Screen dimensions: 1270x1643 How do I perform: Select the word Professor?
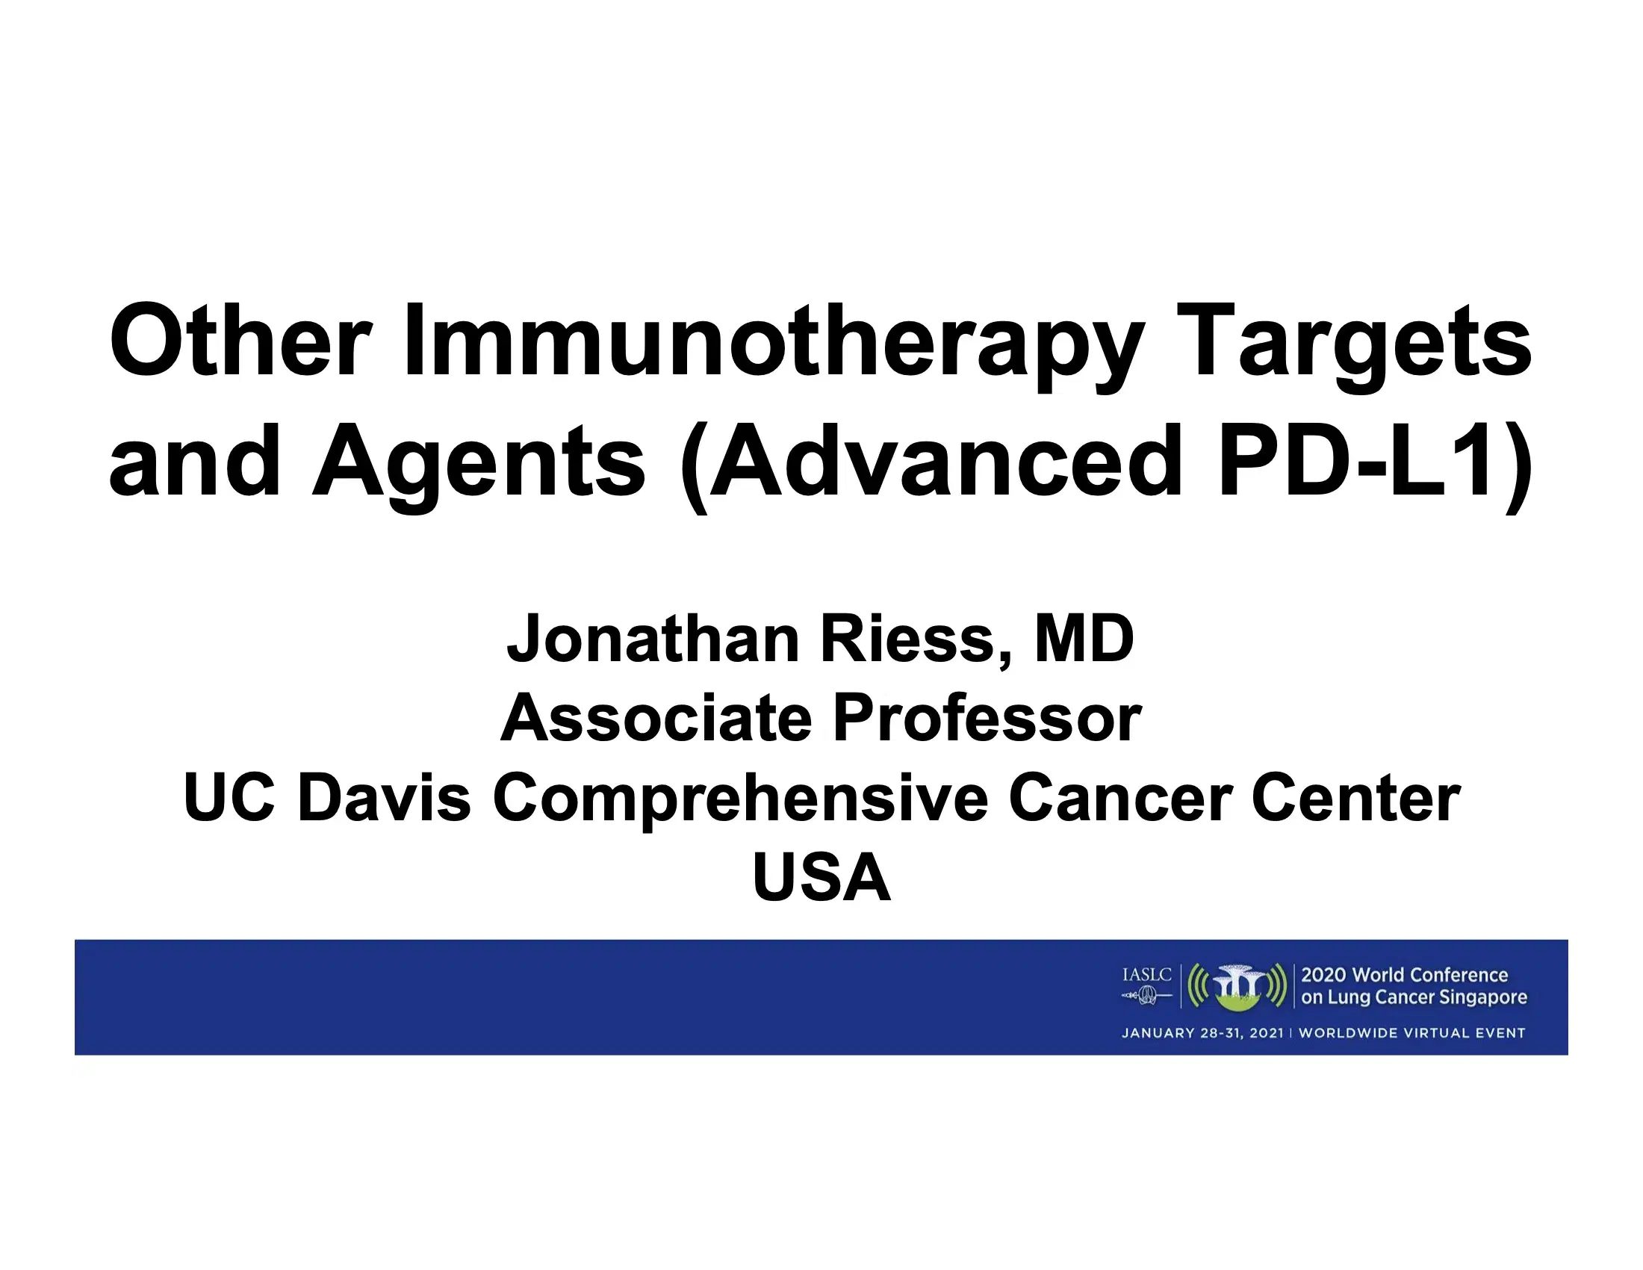987,719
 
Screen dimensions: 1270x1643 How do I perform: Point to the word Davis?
384,798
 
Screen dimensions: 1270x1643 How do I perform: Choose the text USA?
821,877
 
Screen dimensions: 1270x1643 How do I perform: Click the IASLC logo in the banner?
1146,985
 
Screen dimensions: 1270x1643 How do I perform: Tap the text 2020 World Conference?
1404,975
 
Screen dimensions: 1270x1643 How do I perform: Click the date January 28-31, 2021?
1202,1033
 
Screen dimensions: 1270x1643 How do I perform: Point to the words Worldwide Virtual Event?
1411,1033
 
